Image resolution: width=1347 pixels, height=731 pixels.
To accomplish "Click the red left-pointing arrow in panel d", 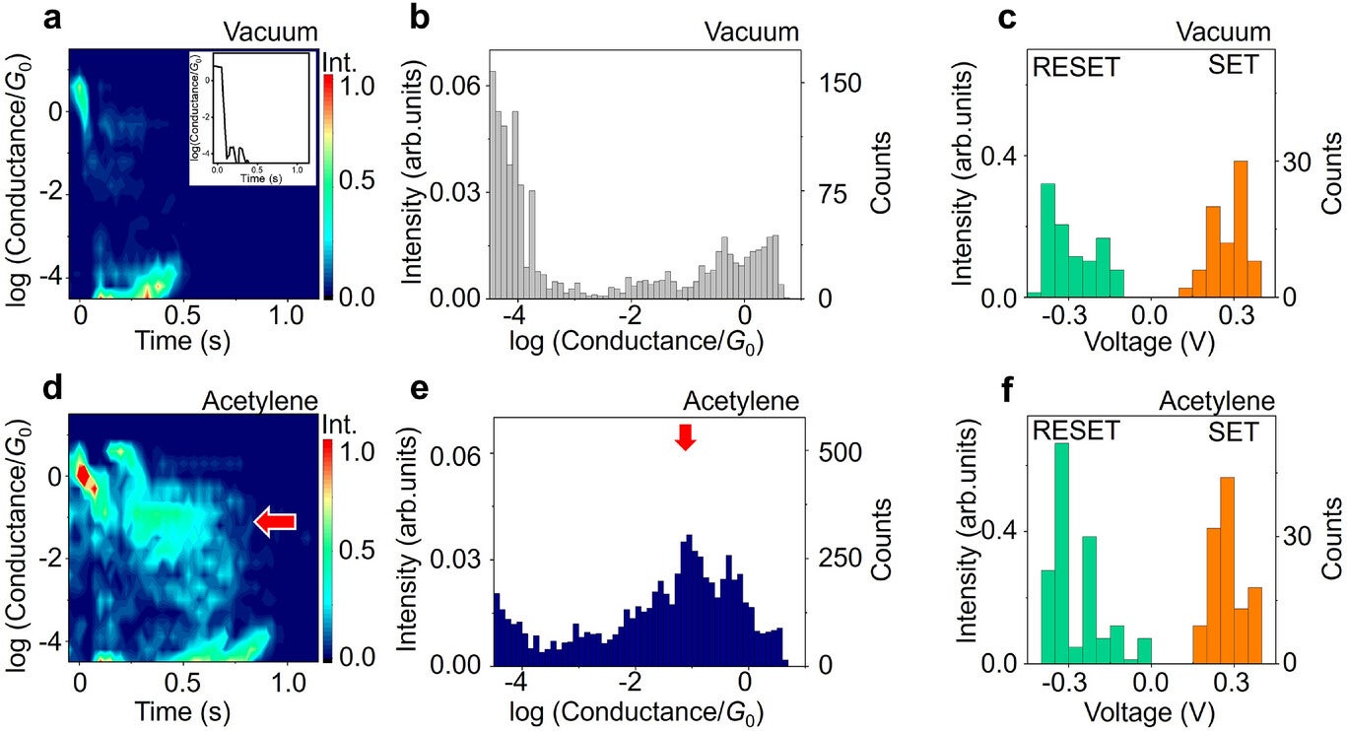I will click(x=275, y=523).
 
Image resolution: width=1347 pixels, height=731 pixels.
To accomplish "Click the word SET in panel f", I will click(x=1232, y=432).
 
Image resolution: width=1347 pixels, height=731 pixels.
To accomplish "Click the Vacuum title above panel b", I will click(x=751, y=32).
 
